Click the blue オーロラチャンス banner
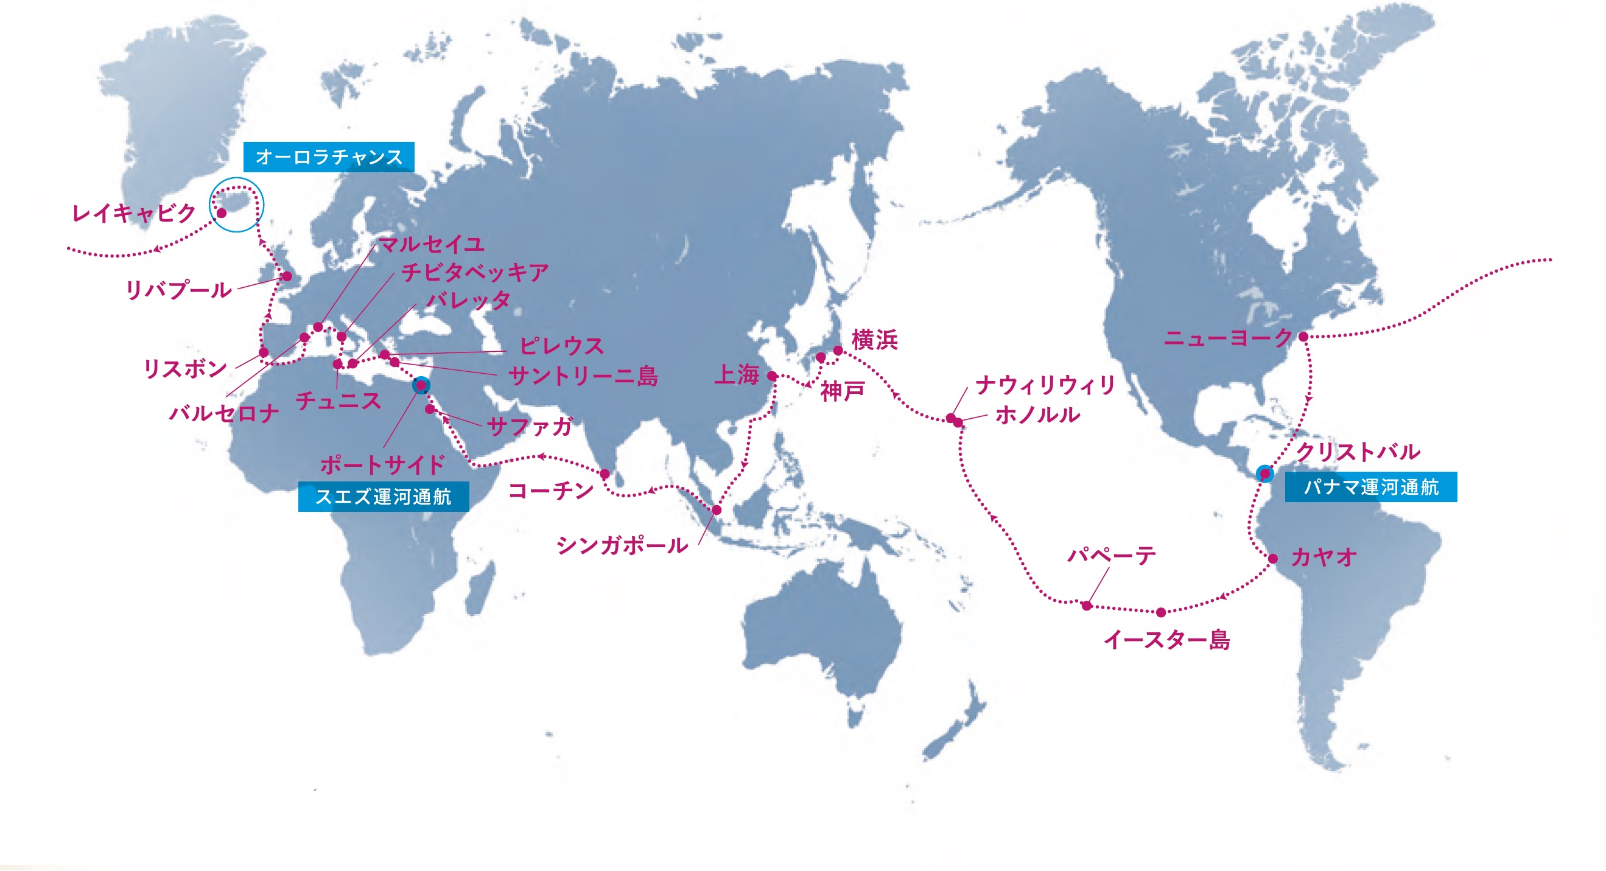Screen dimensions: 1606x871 329,156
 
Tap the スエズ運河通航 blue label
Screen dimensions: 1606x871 383,496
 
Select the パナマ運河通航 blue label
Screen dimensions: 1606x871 1370,486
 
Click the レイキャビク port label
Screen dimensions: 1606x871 134,214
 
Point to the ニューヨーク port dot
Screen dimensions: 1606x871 1303,337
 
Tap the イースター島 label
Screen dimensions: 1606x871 1166,640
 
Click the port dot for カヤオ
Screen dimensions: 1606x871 1272,559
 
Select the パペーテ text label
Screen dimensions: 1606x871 1111,554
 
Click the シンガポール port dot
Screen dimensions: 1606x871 717,510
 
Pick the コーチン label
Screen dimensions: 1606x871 550,491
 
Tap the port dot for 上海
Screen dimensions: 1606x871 772,376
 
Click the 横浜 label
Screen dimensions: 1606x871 874,340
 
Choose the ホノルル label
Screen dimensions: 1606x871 1037,415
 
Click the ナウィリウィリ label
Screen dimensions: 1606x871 1045,385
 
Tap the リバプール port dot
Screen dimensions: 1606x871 287,276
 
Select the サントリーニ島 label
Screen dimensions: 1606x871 583,376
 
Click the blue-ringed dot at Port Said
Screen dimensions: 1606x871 421,385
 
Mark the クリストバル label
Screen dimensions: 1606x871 1358,452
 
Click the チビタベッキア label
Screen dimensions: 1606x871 474,272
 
